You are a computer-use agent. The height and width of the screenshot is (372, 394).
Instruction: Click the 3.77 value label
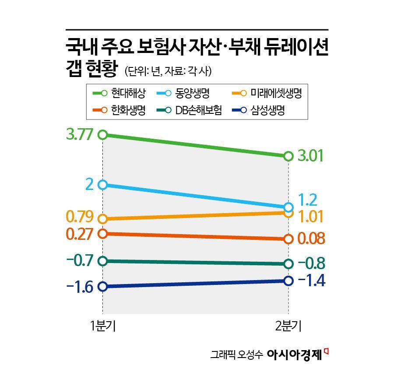pos(80,134)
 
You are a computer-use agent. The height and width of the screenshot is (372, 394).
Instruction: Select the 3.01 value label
pos(311,156)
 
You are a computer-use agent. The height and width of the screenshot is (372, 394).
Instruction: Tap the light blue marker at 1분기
pos(102,185)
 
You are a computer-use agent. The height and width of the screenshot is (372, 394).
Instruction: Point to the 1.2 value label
pos(307,200)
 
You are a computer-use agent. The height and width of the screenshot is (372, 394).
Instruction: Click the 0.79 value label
pos(80,217)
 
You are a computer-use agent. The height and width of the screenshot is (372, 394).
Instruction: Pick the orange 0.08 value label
pos(311,239)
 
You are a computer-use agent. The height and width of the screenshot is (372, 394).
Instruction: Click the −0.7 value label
pos(80,261)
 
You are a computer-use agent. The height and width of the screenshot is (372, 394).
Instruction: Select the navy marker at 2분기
pos(288,281)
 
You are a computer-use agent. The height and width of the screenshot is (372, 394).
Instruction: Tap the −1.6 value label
pos(80,287)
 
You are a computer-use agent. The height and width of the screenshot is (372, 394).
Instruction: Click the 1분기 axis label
pos(102,326)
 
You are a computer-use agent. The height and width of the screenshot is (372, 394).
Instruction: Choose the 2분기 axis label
pos(288,326)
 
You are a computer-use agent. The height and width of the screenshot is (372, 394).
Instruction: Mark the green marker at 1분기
pos(102,134)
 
